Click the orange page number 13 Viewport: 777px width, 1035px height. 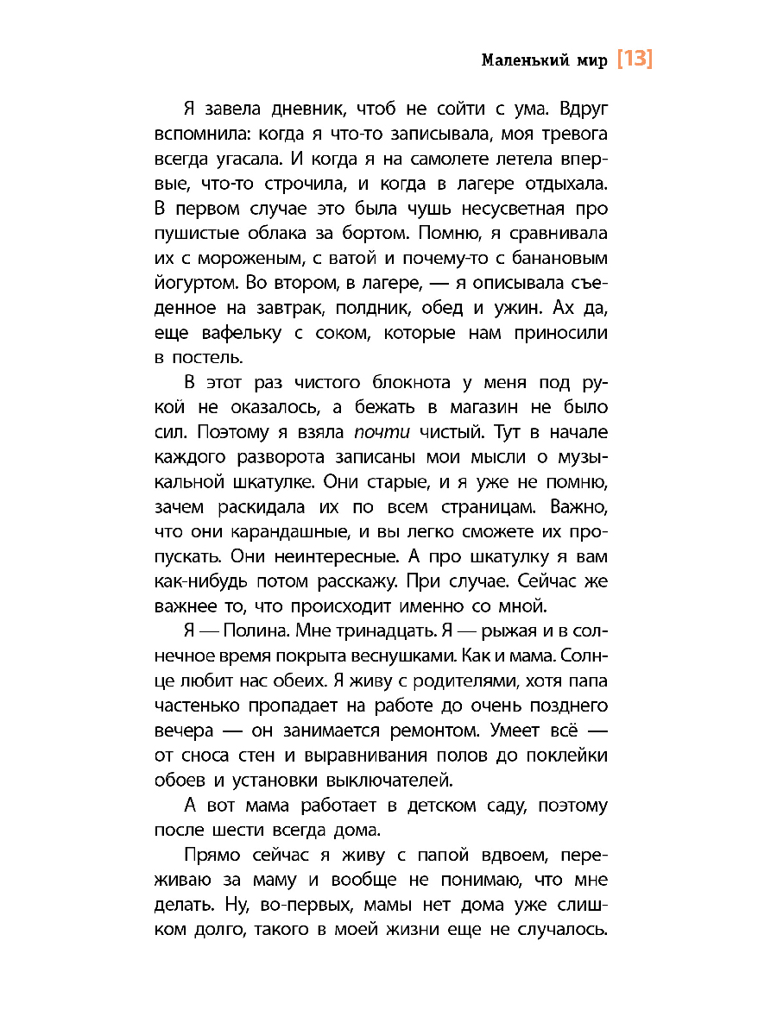coord(635,60)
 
